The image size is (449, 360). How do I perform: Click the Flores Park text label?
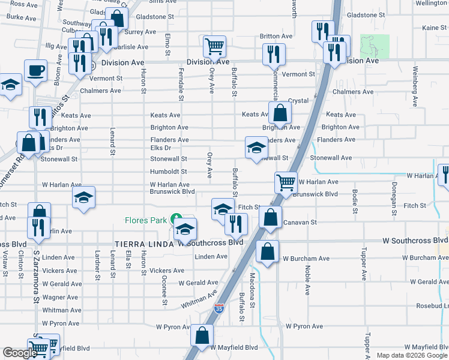click(x=145, y=220)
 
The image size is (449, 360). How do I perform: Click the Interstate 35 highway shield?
click(x=219, y=309)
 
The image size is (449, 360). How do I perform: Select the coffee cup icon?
click(x=35, y=70)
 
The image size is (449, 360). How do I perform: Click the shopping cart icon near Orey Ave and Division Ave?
click(x=214, y=46)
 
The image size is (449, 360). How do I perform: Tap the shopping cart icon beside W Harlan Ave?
click(x=286, y=182)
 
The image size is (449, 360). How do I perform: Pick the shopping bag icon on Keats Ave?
click(x=280, y=112)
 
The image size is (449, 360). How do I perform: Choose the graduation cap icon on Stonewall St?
click(x=256, y=148)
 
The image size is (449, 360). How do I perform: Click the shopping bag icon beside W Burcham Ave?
click(x=267, y=251)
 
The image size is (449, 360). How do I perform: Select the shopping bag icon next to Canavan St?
click(x=271, y=218)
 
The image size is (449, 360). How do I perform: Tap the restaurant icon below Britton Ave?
click(x=274, y=54)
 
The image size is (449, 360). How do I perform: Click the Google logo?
click(x=20, y=353)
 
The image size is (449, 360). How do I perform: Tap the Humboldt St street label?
click(x=169, y=172)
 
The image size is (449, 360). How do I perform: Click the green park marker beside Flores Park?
click(x=176, y=219)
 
